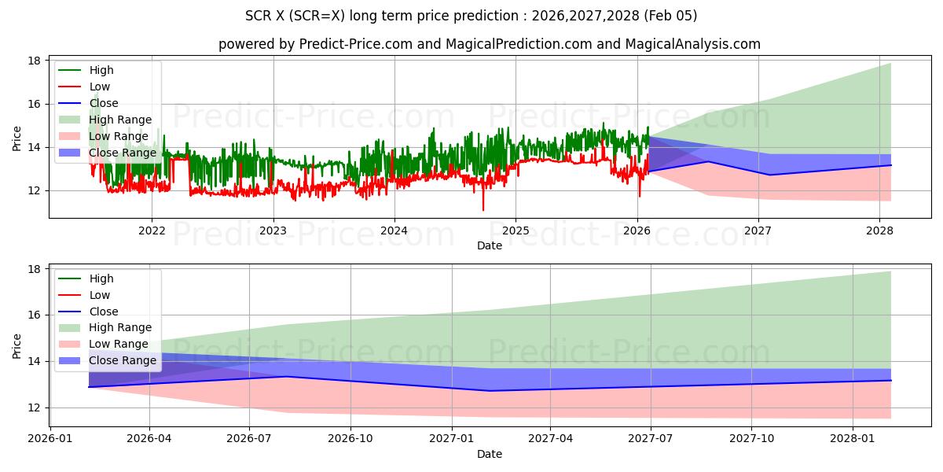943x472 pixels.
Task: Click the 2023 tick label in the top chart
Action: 273,230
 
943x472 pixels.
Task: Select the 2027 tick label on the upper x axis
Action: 758,230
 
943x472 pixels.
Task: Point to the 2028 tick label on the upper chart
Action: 879,230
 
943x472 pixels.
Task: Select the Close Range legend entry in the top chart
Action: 122,153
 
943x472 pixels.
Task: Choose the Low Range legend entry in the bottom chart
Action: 118,344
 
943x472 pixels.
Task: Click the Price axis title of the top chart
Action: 17,138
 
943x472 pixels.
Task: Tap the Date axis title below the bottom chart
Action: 490,454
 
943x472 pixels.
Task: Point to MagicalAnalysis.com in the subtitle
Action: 692,44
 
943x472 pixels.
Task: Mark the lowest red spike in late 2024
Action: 483,209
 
